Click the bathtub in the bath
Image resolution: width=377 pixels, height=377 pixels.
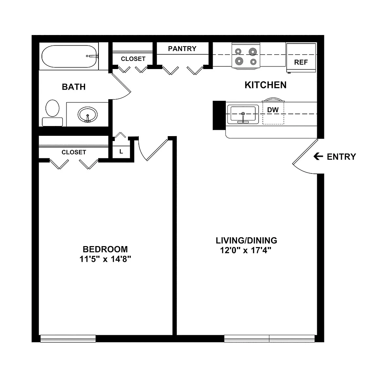(69, 57)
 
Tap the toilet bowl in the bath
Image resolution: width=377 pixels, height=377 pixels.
(52, 108)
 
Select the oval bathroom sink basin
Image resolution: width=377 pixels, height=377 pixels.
(87, 115)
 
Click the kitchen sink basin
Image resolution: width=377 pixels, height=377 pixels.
(243, 114)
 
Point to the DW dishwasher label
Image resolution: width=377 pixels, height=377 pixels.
(273, 110)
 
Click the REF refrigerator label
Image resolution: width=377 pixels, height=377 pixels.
(301, 62)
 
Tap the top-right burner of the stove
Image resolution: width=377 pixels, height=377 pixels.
(253, 52)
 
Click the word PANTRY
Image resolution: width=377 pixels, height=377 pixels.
(182, 49)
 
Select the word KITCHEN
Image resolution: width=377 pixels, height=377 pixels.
(265, 85)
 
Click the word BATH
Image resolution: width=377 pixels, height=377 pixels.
(74, 87)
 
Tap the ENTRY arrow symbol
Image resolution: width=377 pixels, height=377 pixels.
(318, 156)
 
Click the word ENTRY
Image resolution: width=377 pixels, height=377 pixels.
(341, 157)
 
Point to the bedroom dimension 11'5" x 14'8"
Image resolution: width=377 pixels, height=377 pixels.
(105, 259)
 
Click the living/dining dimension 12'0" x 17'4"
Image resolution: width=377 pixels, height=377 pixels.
(246, 250)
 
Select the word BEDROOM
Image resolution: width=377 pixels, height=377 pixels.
(105, 249)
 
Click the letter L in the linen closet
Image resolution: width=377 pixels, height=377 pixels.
(121, 152)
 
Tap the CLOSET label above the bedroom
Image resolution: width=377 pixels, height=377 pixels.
(74, 152)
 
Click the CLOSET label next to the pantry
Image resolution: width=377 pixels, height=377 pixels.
(133, 59)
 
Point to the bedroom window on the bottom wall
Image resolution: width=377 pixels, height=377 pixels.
(68, 338)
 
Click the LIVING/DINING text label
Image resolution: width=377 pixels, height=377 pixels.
(246, 241)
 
